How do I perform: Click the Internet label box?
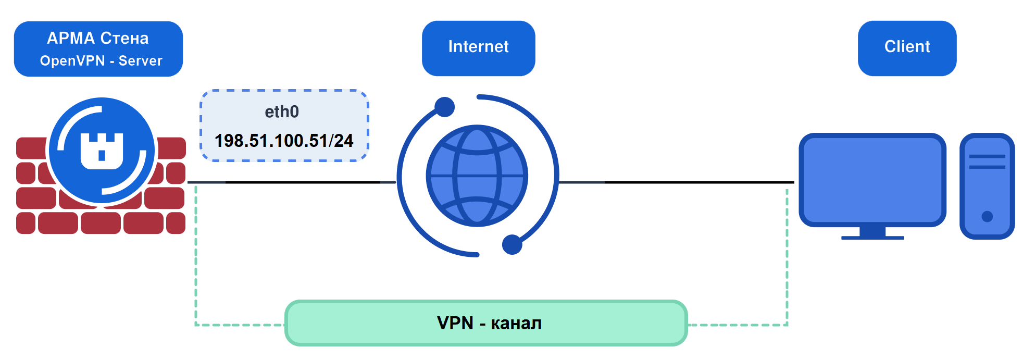[478, 48]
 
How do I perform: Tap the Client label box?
[907, 48]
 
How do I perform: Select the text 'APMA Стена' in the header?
[98, 38]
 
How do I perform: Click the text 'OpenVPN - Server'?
[101, 60]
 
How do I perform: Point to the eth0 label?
[282, 111]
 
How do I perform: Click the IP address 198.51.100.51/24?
[284, 141]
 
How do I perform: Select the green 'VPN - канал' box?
[486, 323]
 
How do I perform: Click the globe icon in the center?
[477, 176]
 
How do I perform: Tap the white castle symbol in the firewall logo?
[102, 151]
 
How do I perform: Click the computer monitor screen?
[872, 180]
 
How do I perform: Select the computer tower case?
[987, 186]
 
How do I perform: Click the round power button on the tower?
[987, 216]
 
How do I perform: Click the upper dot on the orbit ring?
[444, 107]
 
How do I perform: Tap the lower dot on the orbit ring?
[512, 244]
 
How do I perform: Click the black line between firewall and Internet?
[292, 182]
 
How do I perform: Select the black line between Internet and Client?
[677, 182]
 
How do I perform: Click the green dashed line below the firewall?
[196, 255]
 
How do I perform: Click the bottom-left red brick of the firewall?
[26, 223]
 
